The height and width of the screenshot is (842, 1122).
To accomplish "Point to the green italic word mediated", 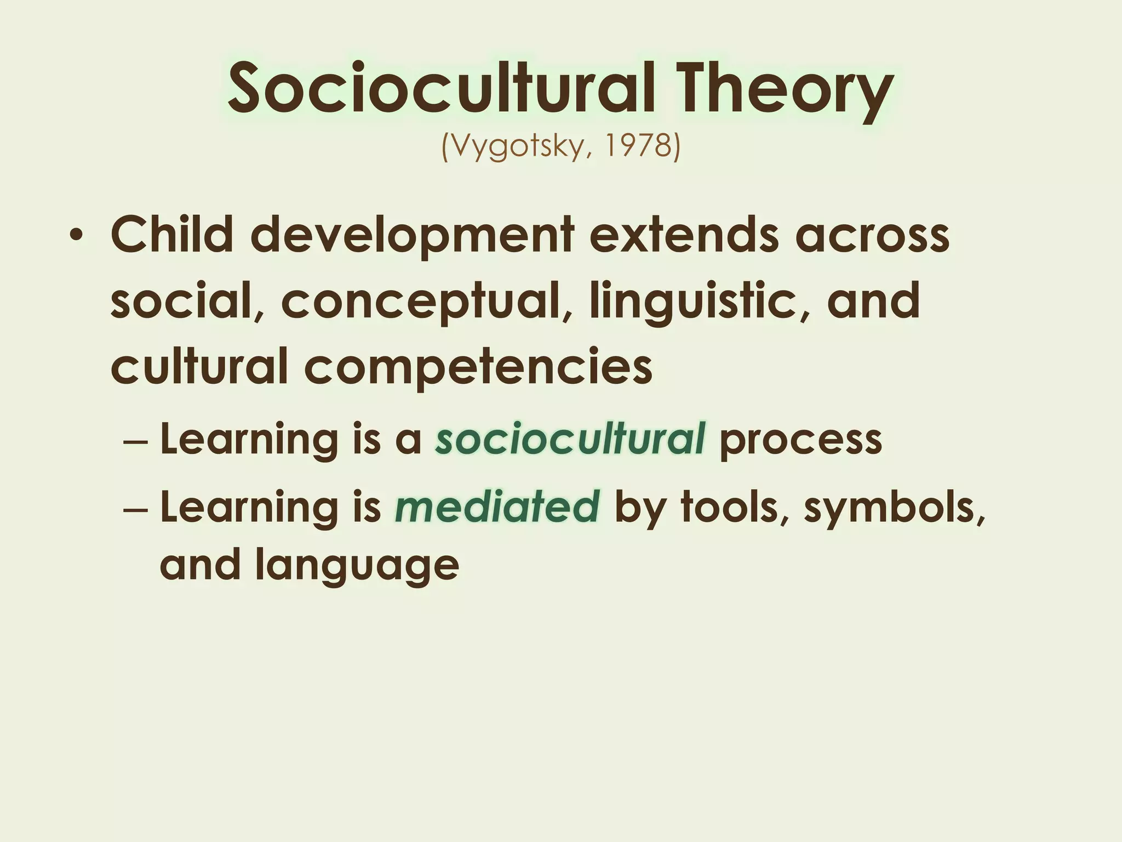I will tap(497, 507).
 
